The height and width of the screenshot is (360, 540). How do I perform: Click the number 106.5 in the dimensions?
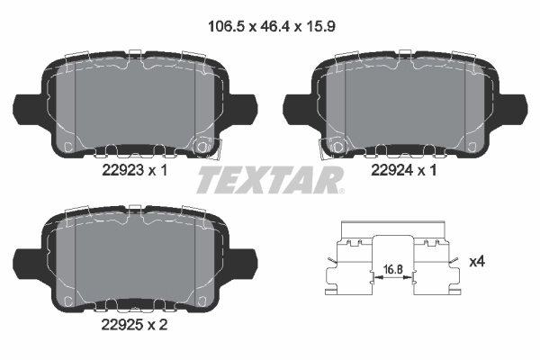tap(220, 26)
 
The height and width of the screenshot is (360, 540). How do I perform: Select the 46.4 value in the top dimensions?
tap(270, 26)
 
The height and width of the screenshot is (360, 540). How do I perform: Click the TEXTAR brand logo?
tap(268, 180)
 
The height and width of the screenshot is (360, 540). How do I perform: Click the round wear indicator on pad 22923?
tap(202, 146)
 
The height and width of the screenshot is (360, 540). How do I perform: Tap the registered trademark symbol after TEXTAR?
tap(340, 189)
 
